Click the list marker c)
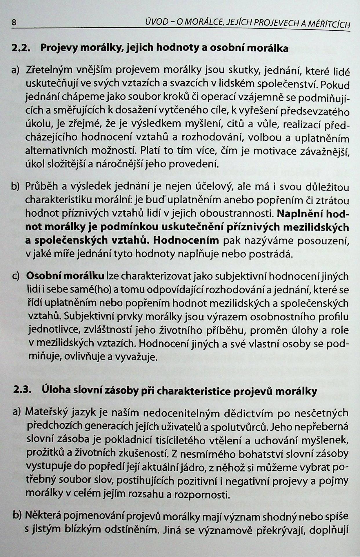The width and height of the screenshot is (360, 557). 16,276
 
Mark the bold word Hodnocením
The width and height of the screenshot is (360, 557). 186,240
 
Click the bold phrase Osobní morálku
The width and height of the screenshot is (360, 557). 65,276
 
